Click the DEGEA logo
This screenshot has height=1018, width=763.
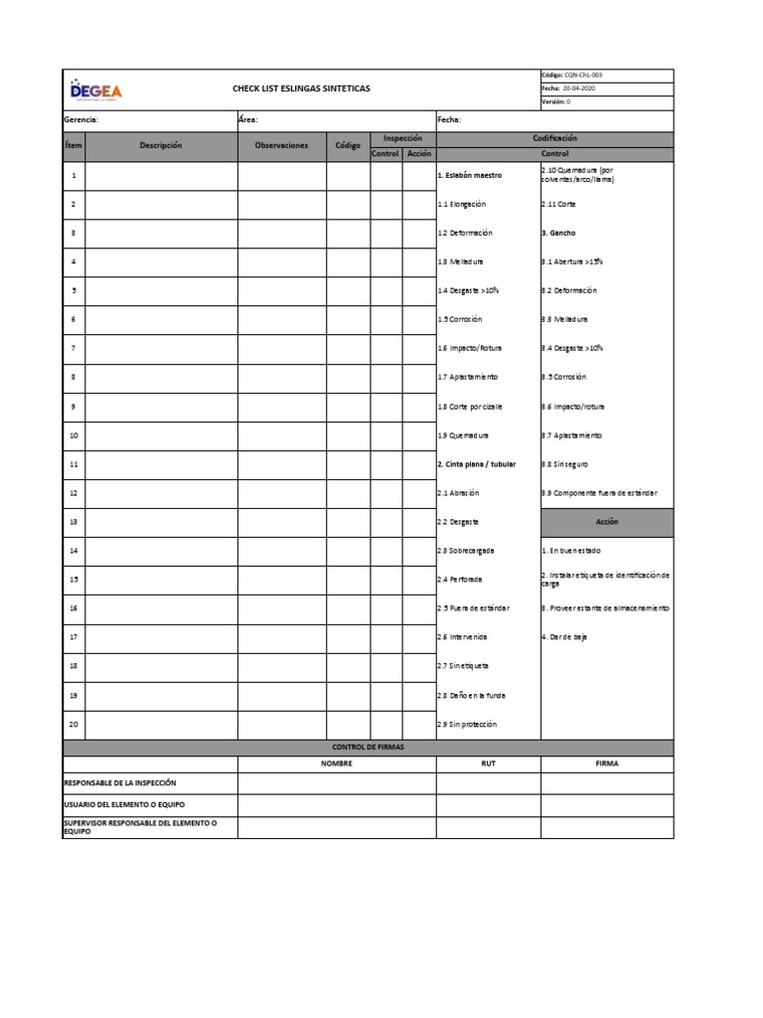pos(96,90)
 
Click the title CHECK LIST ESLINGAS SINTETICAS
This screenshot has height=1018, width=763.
pos(301,88)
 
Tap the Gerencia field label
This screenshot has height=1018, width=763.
pos(80,119)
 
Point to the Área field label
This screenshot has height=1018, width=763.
pos(248,119)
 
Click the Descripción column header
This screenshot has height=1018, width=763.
pos(161,146)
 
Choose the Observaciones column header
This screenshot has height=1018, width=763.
pos(281,146)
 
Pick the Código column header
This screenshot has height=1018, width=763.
pos(348,146)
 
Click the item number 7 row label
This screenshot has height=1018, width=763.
pos(74,349)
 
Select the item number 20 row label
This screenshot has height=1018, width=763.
pos(74,724)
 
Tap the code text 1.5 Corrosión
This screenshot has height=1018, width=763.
pos(460,319)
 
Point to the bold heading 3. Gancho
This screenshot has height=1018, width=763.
pos(558,233)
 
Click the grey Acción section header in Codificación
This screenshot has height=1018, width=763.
pos(606,522)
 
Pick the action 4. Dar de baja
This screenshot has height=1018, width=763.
pos(564,637)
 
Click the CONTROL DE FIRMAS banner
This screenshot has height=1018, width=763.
pos(368,748)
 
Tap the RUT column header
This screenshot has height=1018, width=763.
pos(488,764)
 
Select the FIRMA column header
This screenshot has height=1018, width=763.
pos(606,764)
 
